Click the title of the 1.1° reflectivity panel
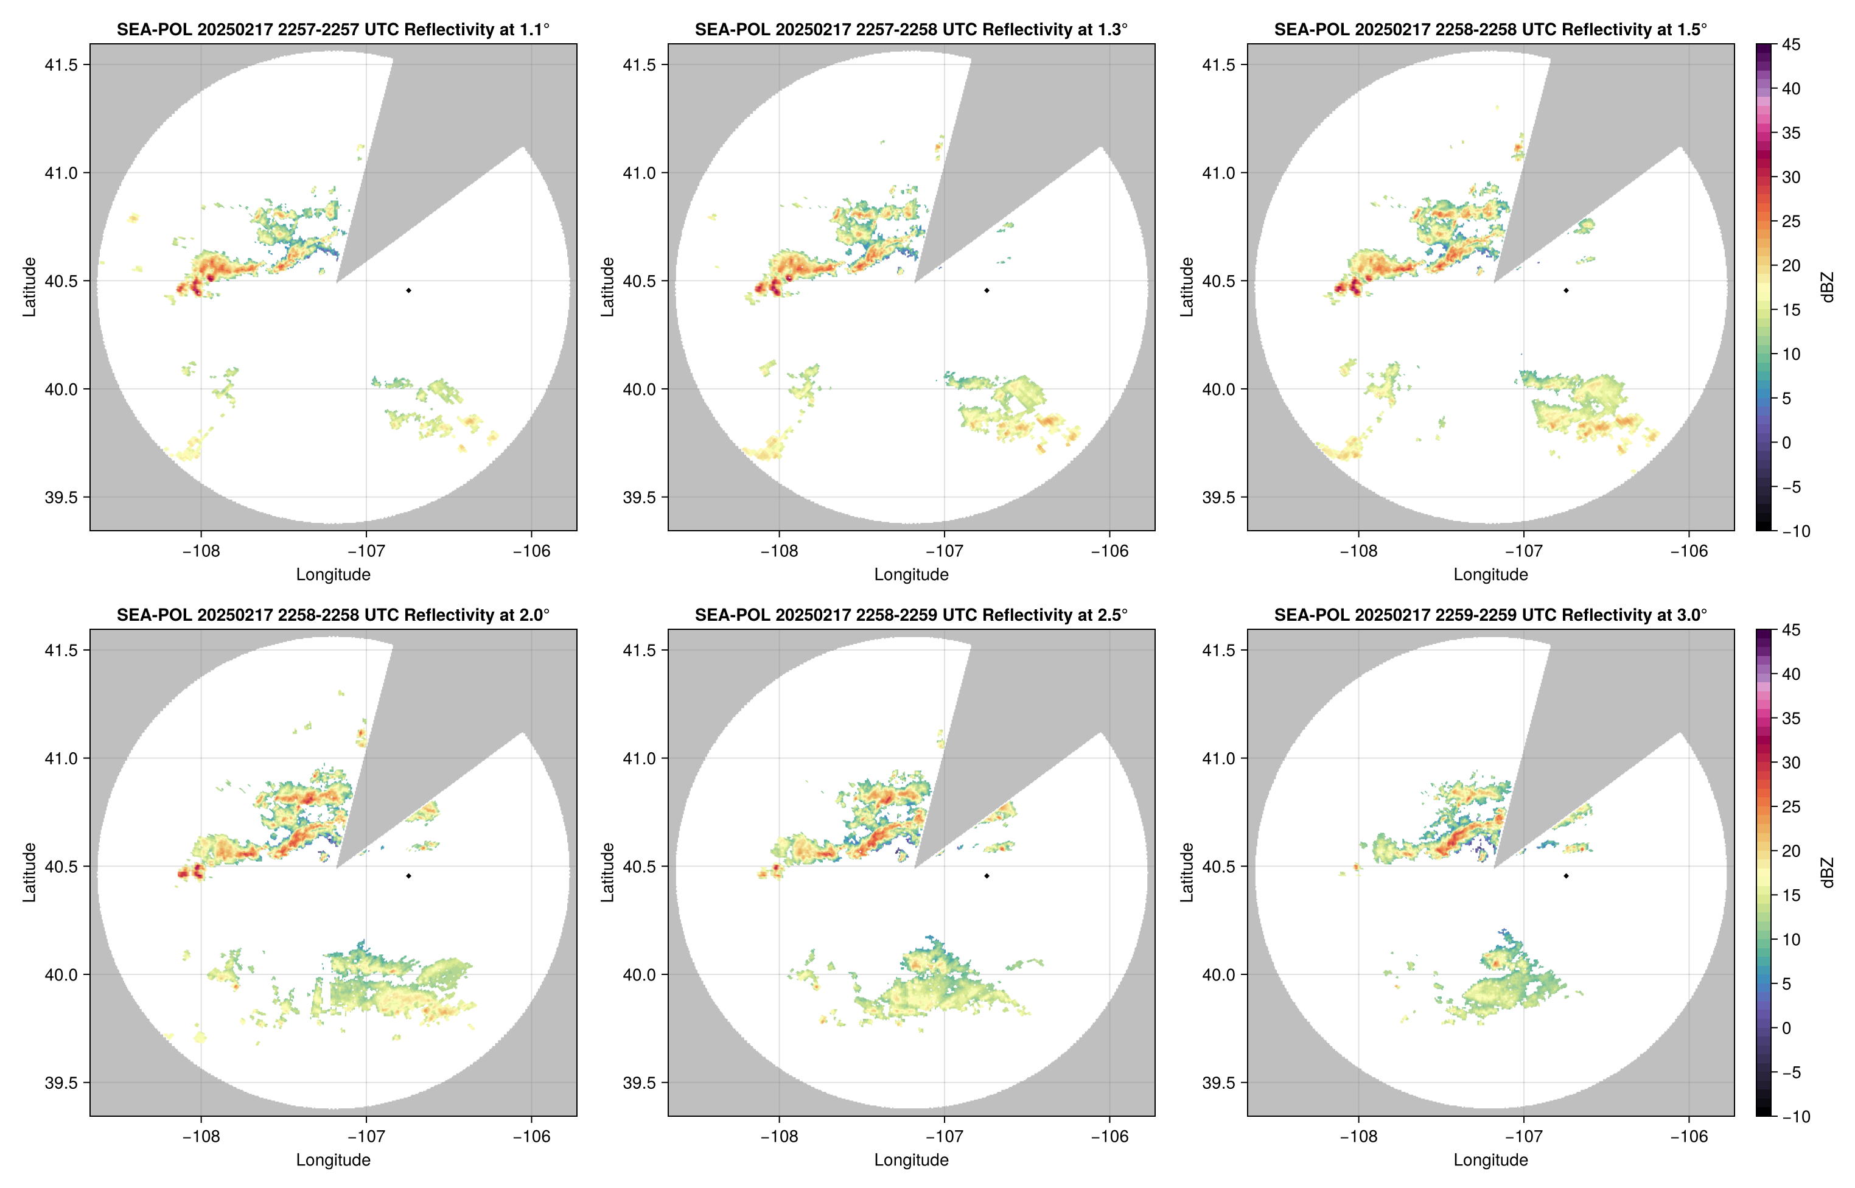point(333,29)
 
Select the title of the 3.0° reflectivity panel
point(1490,615)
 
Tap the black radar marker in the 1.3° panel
point(987,290)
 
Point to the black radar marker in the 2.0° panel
point(408,876)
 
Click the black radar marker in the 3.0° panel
point(1566,876)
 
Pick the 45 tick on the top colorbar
point(1790,45)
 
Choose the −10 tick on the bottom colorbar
point(1795,1116)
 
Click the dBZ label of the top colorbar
point(1826,287)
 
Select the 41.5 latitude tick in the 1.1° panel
point(61,65)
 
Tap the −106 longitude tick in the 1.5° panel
point(1688,551)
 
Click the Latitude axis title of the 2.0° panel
point(29,873)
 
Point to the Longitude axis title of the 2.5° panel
point(911,1159)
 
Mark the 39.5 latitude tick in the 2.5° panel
point(640,1082)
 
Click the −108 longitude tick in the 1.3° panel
point(779,551)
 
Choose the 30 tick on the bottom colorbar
point(1790,762)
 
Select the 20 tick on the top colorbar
point(1790,265)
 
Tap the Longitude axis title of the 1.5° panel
point(1490,574)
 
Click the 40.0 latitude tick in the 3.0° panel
point(1218,974)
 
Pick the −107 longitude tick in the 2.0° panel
point(366,1136)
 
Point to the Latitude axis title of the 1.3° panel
point(608,287)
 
